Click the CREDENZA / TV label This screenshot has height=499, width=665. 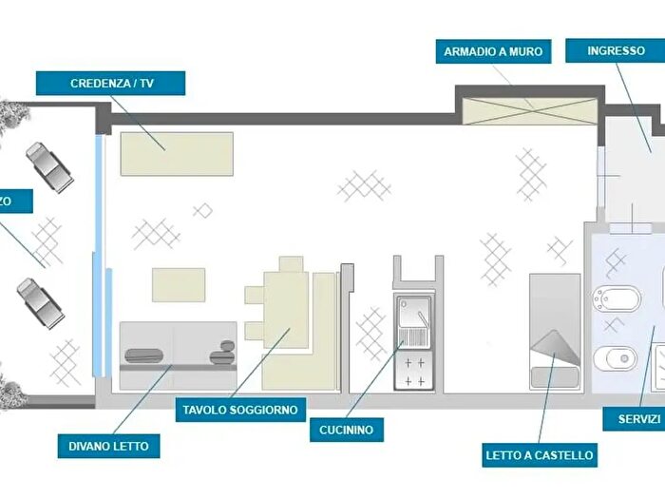point(111,84)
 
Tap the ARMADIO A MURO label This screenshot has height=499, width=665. point(494,50)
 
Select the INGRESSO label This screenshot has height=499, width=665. point(616,50)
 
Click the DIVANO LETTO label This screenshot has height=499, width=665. point(108,445)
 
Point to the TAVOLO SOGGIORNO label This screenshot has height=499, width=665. point(239,411)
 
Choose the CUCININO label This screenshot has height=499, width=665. point(347,430)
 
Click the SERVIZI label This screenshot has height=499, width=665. point(636,419)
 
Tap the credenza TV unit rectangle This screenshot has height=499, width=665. point(177,153)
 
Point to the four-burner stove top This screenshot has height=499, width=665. point(414,369)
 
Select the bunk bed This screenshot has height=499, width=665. point(554,331)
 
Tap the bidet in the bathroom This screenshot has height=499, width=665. point(609,298)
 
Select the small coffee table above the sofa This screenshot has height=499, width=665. point(179,284)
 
